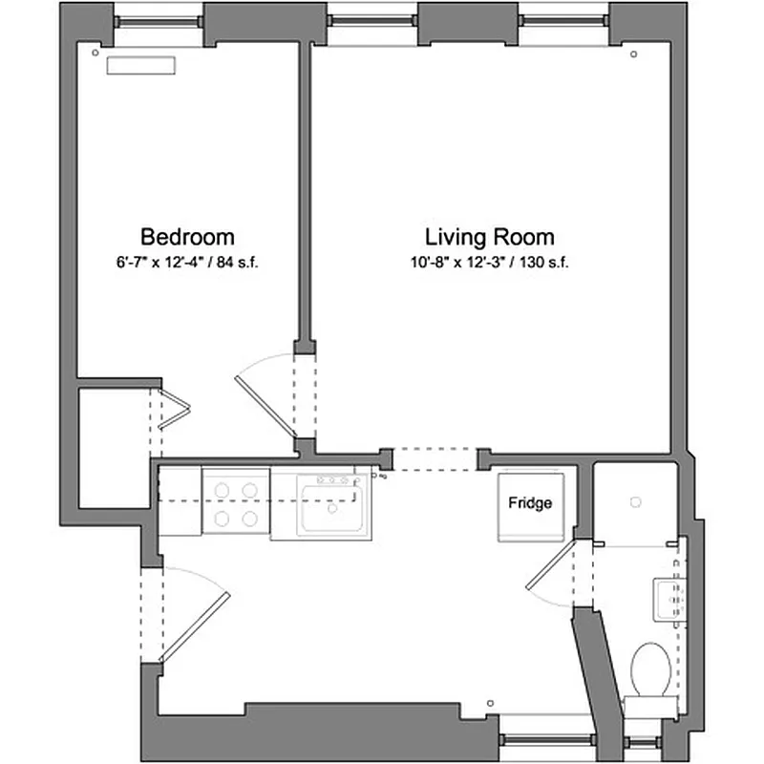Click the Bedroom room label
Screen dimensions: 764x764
tap(187, 236)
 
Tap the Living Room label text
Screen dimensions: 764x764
tap(489, 236)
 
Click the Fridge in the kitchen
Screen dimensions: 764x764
tap(529, 504)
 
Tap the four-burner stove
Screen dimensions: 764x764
tap(236, 503)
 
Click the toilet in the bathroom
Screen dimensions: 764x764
tap(653, 668)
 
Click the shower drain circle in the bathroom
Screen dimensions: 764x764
tap(634, 501)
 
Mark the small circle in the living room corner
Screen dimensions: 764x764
tap(634, 54)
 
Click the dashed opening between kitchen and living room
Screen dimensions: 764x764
tap(435, 459)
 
